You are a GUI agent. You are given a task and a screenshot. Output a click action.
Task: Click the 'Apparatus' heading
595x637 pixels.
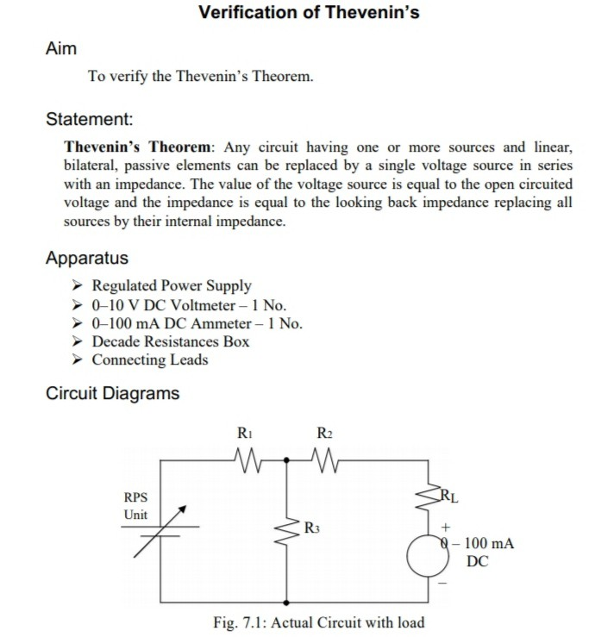coord(86,258)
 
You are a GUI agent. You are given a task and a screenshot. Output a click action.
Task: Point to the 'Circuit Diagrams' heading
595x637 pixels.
coord(112,394)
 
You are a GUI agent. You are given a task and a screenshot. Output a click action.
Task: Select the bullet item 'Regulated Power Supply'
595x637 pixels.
coord(172,286)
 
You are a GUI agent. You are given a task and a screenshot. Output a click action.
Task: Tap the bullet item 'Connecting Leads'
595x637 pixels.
coord(150,359)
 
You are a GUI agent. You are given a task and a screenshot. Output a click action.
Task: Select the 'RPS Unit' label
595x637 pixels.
coord(136,506)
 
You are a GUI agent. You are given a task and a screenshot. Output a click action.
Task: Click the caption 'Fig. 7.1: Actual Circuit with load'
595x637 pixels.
coord(318,621)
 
